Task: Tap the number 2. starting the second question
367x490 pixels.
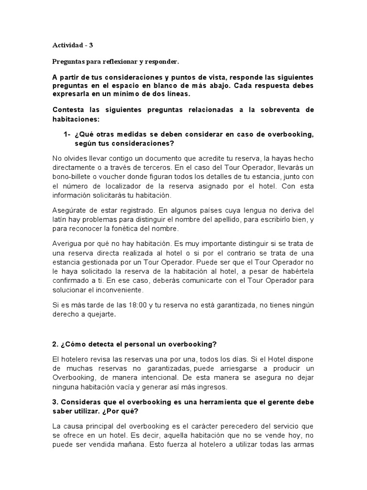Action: coord(55,344)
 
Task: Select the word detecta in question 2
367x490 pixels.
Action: coord(101,344)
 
